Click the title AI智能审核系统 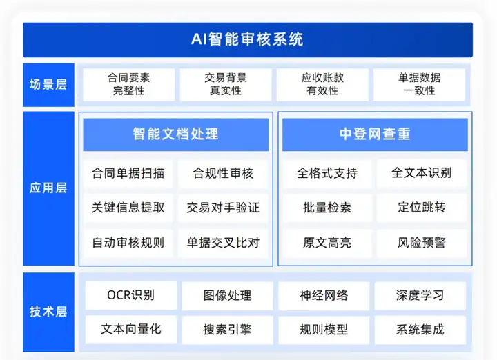(248, 39)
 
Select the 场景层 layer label (48, 85)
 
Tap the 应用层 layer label (48, 188)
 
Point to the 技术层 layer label (48, 312)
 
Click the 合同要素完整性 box (128, 85)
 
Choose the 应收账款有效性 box (322, 85)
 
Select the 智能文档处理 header (175, 134)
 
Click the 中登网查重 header (375, 134)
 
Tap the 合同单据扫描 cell (128, 174)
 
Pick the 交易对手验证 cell (223, 208)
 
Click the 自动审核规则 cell (128, 243)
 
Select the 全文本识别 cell (422, 173)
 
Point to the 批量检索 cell (327, 208)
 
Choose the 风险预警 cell (422, 243)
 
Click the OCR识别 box (131, 295)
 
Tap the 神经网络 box (324, 295)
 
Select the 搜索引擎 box (227, 330)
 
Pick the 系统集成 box (420, 330)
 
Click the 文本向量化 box (131, 330)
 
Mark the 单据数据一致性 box (420, 85)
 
